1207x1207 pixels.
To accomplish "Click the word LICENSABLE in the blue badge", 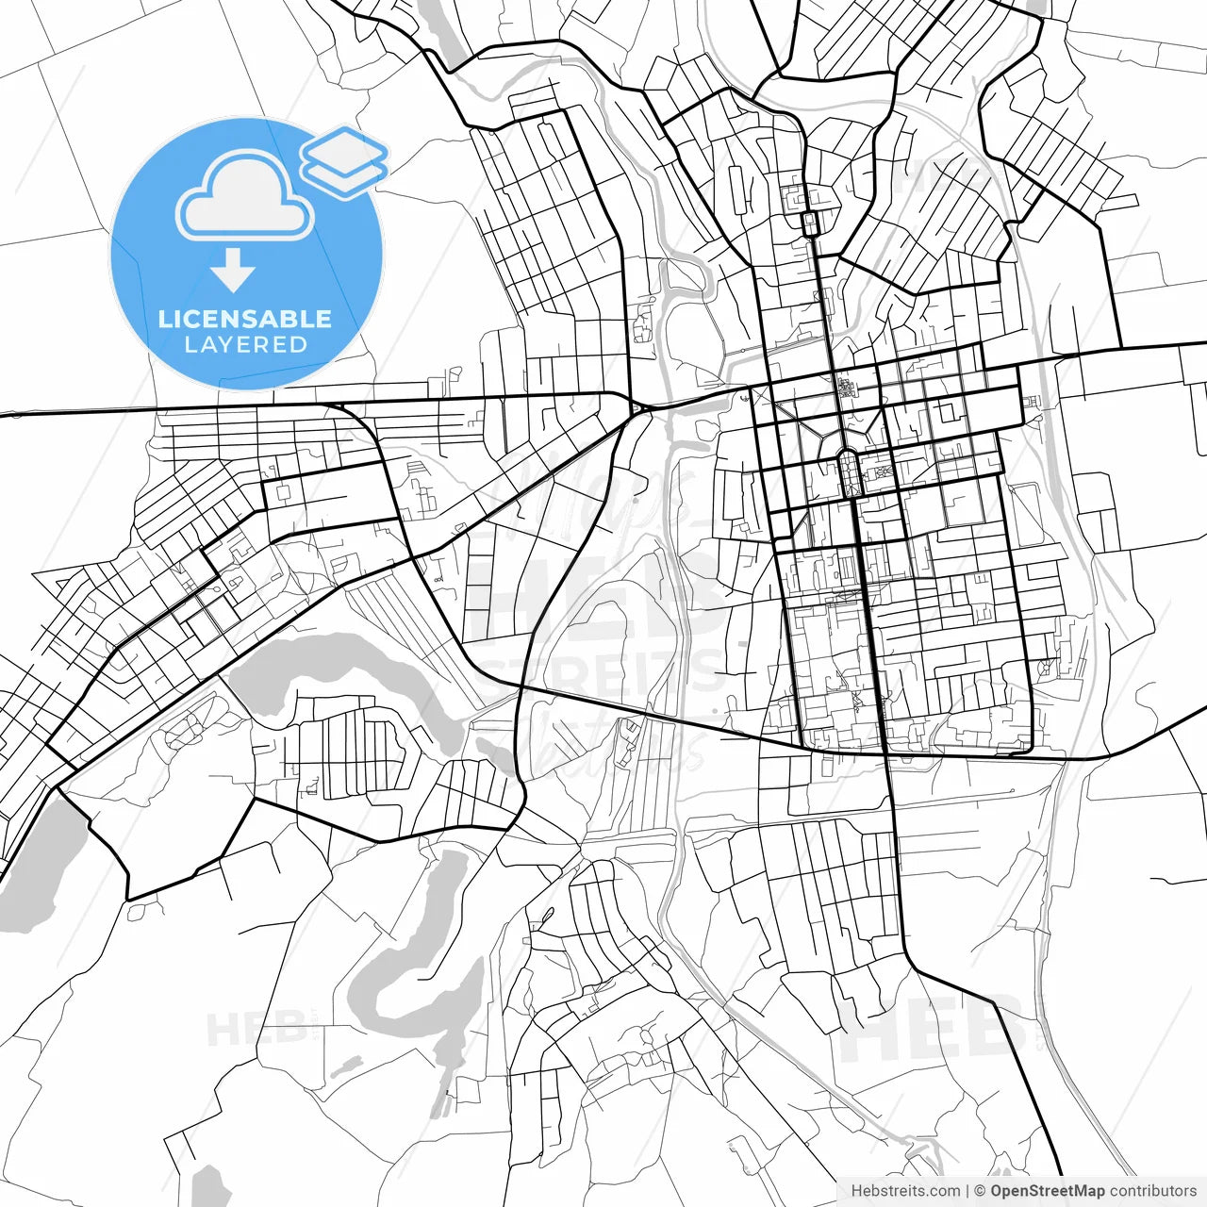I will tap(245, 319).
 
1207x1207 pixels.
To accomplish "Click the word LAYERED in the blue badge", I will tap(245, 345).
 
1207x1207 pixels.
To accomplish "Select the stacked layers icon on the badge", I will tap(344, 161).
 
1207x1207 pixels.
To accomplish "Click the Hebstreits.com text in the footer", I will tap(905, 1191).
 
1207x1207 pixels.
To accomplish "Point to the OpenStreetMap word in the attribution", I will tap(1047, 1191).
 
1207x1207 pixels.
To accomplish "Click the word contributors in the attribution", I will tap(1152, 1191).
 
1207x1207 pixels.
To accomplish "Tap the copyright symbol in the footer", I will tap(980, 1191).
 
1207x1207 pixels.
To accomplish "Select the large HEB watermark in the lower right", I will tap(934, 1028).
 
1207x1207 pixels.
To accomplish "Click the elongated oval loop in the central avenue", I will tap(848, 471).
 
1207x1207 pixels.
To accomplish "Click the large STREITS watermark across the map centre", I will tap(603, 674).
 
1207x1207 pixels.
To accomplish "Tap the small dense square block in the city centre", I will tap(845, 387).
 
